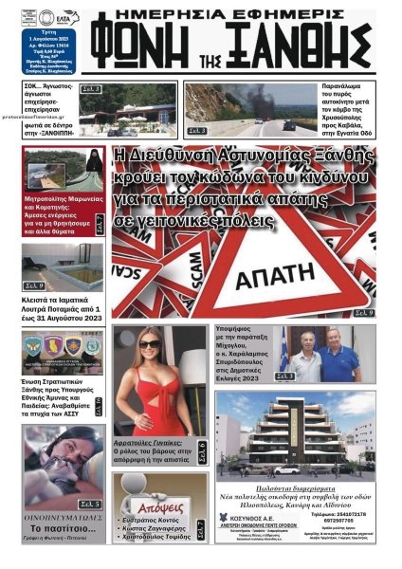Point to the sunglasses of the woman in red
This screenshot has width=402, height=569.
pyautogui.click(x=151, y=343)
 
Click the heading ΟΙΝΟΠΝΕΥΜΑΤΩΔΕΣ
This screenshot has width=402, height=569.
pyautogui.click(x=64, y=518)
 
